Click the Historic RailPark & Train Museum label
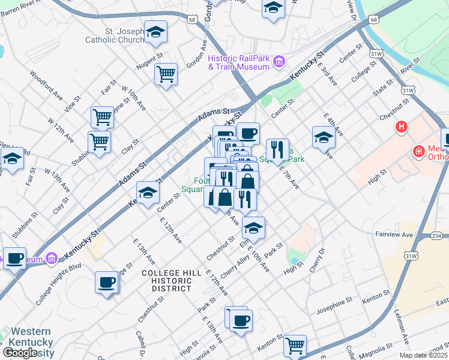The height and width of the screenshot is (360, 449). point(238,62)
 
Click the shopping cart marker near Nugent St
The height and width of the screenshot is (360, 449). point(166,74)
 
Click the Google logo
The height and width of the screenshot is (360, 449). point(20,353)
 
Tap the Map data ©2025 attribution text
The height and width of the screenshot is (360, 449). point(424,355)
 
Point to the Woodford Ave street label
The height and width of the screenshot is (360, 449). point(47,86)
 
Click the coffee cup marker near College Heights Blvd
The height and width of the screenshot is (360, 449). point(107,282)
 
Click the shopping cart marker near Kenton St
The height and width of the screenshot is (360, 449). point(295,346)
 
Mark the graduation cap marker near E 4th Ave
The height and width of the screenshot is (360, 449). point(324,137)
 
